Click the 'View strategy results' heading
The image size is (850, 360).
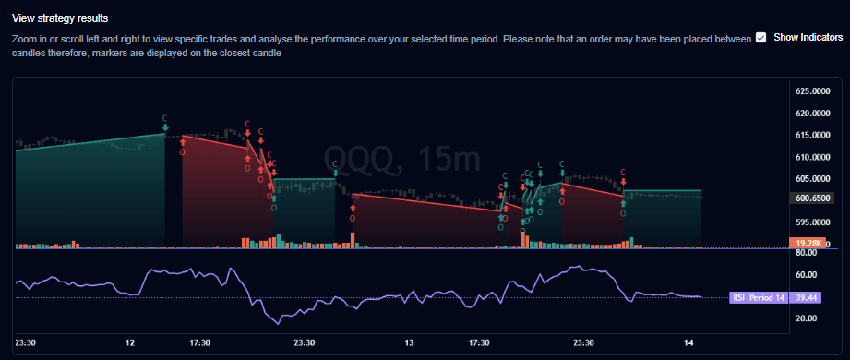pyautogui.click(x=59, y=18)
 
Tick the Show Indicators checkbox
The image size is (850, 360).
pyautogui.click(x=760, y=37)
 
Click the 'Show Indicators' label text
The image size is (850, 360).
pyautogui.click(x=808, y=37)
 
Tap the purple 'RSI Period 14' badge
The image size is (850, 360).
pyautogui.click(x=760, y=297)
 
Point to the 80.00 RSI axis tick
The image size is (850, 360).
pyautogui.click(x=807, y=253)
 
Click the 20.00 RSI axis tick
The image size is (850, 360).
pyautogui.click(x=807, y=318)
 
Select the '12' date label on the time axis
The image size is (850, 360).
pyautogui.click(x=130, y=342)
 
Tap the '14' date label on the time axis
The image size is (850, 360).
pyautogui.click(x=688, y=342)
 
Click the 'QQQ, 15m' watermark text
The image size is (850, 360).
pyautogui.click(x=401, y=160)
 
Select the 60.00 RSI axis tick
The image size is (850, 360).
pyautogui.click(x=807, y=275)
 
